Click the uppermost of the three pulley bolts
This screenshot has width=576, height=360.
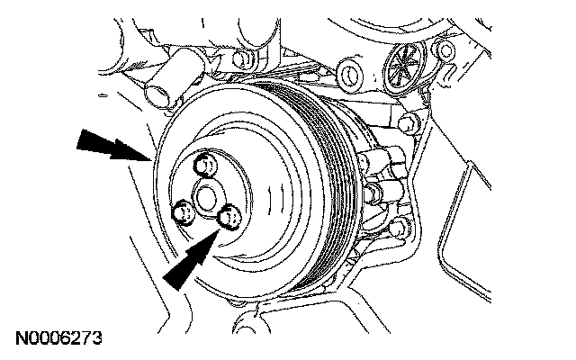pos(206,166)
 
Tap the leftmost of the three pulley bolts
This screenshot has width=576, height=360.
pos(183,213)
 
